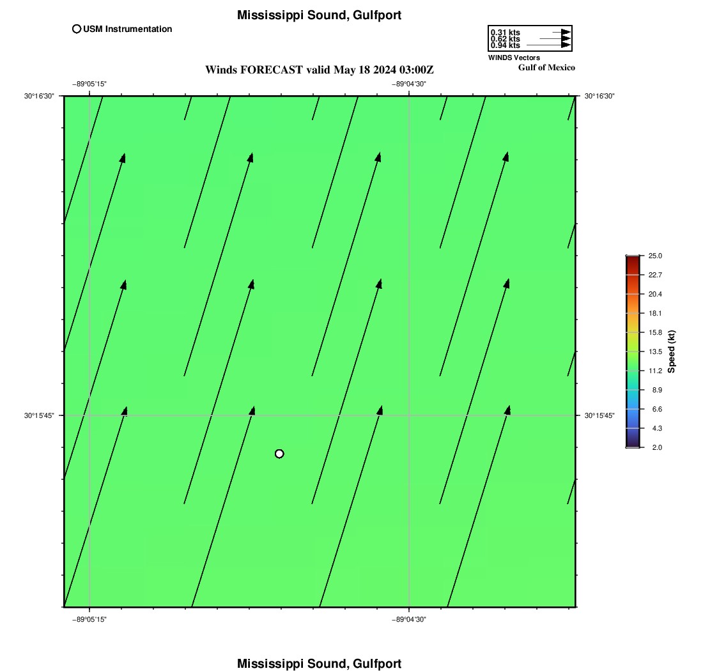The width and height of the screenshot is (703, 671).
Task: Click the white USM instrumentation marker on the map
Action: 279,454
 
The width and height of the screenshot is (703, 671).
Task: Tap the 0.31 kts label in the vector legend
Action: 506,33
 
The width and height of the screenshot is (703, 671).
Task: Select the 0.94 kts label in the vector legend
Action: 506,45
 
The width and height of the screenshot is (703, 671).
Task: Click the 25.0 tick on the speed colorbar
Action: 655,256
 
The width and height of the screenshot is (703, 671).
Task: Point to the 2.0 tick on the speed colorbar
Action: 657,447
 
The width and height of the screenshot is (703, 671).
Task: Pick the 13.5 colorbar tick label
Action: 655,351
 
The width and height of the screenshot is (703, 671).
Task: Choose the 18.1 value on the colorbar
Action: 655,313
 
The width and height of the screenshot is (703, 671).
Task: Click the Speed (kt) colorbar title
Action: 671,351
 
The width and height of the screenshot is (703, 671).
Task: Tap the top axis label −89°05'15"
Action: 89,84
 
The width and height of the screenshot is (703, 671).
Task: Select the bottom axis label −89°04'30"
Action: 409,619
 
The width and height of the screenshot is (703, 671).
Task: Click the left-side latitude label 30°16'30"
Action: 39,96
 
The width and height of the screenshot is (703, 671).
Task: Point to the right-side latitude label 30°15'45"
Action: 599,415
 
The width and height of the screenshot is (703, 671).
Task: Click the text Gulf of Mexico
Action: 546,67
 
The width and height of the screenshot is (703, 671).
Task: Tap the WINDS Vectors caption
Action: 514,58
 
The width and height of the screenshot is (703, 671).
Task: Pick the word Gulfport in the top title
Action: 377,15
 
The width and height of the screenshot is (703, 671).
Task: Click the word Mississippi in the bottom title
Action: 270,663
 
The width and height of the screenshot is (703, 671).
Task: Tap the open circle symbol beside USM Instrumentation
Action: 77,29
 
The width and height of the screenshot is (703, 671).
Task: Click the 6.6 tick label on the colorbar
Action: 657,409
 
